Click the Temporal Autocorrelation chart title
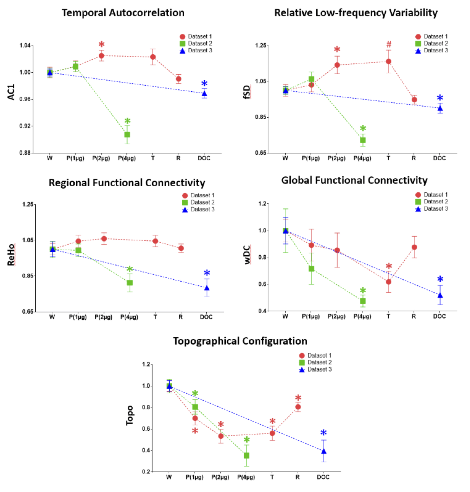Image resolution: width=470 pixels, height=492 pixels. (x=123, y=13)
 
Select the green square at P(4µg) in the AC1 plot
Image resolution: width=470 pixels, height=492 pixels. (x=127, y=135)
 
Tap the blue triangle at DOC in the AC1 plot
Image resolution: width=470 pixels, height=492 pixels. (x=205, y=94)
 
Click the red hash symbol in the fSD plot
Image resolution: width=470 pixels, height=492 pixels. (x=389, y=45)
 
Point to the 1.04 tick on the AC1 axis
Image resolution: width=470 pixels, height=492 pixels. (x=25, y=45)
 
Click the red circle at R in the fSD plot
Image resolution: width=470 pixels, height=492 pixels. (x=414, y=100)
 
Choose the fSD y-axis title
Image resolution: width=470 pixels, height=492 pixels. (x=247, y=92)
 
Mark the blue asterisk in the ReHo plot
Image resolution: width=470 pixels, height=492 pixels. (x=207, y=273)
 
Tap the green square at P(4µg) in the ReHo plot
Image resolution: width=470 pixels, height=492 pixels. (x=130, y=283)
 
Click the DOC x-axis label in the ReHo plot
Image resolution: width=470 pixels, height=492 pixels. (x=206, y=317)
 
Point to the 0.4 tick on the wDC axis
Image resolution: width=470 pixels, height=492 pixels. (x=262, y=311)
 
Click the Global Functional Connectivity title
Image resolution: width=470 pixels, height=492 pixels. (x=354, y=180)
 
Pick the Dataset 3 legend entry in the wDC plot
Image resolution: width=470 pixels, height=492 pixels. (x=431, y=209)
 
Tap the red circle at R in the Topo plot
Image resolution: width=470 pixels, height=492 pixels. (x=298, y=407)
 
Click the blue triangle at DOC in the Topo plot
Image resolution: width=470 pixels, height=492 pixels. (x=324, y=451)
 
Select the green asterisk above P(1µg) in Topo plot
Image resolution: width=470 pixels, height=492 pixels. (x=195, y=393)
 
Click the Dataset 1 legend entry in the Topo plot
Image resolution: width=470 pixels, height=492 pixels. (x=316, y=355)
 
